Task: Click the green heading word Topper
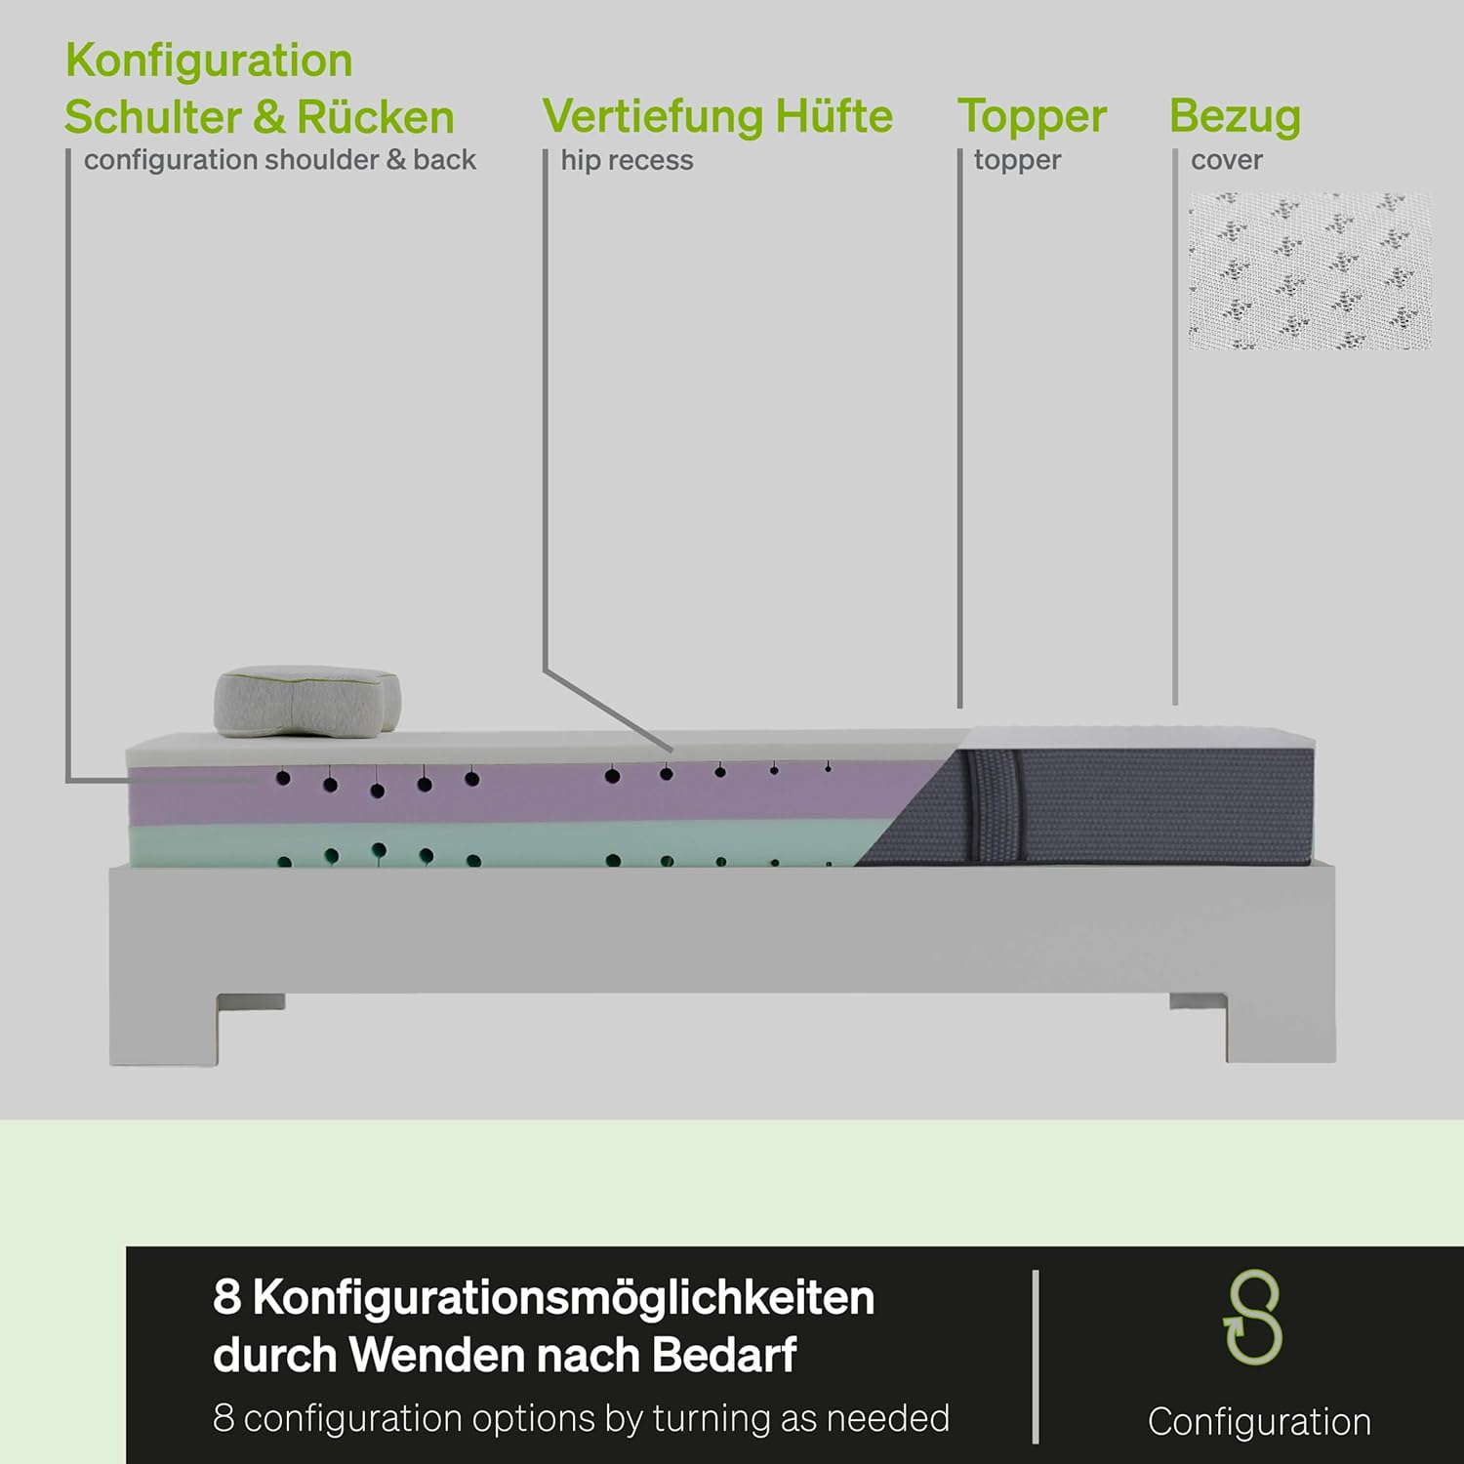1032,116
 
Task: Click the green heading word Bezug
1235,116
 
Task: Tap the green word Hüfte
834,116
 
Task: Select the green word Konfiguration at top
209,61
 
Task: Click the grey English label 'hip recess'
627,160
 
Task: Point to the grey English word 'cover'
1226,160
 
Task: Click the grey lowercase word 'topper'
1017,160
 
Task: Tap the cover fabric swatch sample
1309,270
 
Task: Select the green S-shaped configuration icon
1253,1318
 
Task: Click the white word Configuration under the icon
1259,1421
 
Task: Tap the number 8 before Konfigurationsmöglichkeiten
226,1298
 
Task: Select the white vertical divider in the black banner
1036,1357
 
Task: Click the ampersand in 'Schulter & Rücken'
268,117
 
